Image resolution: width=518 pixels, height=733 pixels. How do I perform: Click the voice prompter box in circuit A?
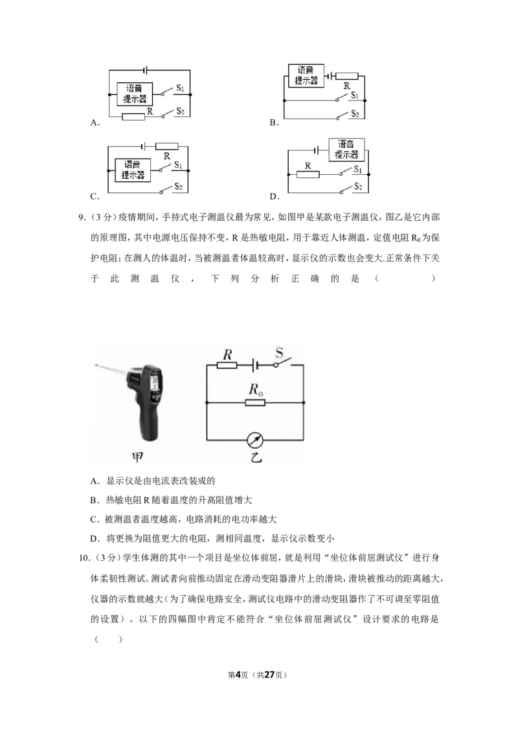pos(135,93)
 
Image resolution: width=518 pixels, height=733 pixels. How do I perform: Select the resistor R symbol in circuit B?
pos(347,76)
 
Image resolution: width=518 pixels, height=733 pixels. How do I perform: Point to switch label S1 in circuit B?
pos(355,95)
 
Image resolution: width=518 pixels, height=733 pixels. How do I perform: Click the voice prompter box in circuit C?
pos(133,170)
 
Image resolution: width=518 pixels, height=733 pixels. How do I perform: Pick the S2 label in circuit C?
pos(179,186)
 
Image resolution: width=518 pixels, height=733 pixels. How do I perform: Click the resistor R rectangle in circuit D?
pos(308,174)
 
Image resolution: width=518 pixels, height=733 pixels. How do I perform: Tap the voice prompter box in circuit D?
pos(346,150)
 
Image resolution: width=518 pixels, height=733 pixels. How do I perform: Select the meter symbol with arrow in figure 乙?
pos(255,440)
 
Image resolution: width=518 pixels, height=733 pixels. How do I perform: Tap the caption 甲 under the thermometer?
pos(137,457)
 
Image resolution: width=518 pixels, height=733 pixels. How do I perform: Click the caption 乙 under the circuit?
pos(256,457)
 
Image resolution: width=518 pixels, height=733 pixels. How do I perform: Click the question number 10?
pos(84,558)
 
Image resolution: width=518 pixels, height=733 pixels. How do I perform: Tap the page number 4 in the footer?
pos(238,675)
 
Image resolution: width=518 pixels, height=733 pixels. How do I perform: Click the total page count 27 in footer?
pos(269,675)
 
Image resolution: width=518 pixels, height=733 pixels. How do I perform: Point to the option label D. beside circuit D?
pos(275,196)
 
